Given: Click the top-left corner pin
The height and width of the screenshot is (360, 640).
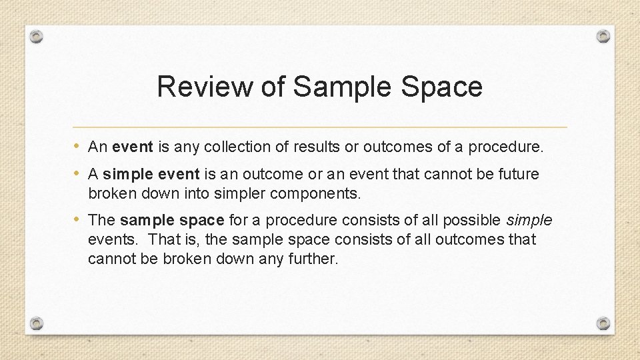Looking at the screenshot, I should tap(37, 36).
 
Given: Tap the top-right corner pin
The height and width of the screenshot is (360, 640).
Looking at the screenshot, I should tap(603, 36).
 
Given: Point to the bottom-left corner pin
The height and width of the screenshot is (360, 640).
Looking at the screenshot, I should tap(37, 323).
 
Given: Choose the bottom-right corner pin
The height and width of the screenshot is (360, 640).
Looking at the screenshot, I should tap(603, 323).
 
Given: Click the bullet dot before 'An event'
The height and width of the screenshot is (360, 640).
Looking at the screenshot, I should tap(78, 146).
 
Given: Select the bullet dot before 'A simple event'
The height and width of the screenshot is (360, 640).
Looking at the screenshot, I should tap(78, 173).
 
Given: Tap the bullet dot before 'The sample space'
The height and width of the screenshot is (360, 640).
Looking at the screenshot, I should tap(78, 219).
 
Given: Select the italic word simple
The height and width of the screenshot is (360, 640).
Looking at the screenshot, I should tap(529, 220).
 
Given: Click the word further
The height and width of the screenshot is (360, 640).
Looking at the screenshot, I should tap(315, 259).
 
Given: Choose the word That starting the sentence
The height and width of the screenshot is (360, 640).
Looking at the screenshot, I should tap(163, 239).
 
